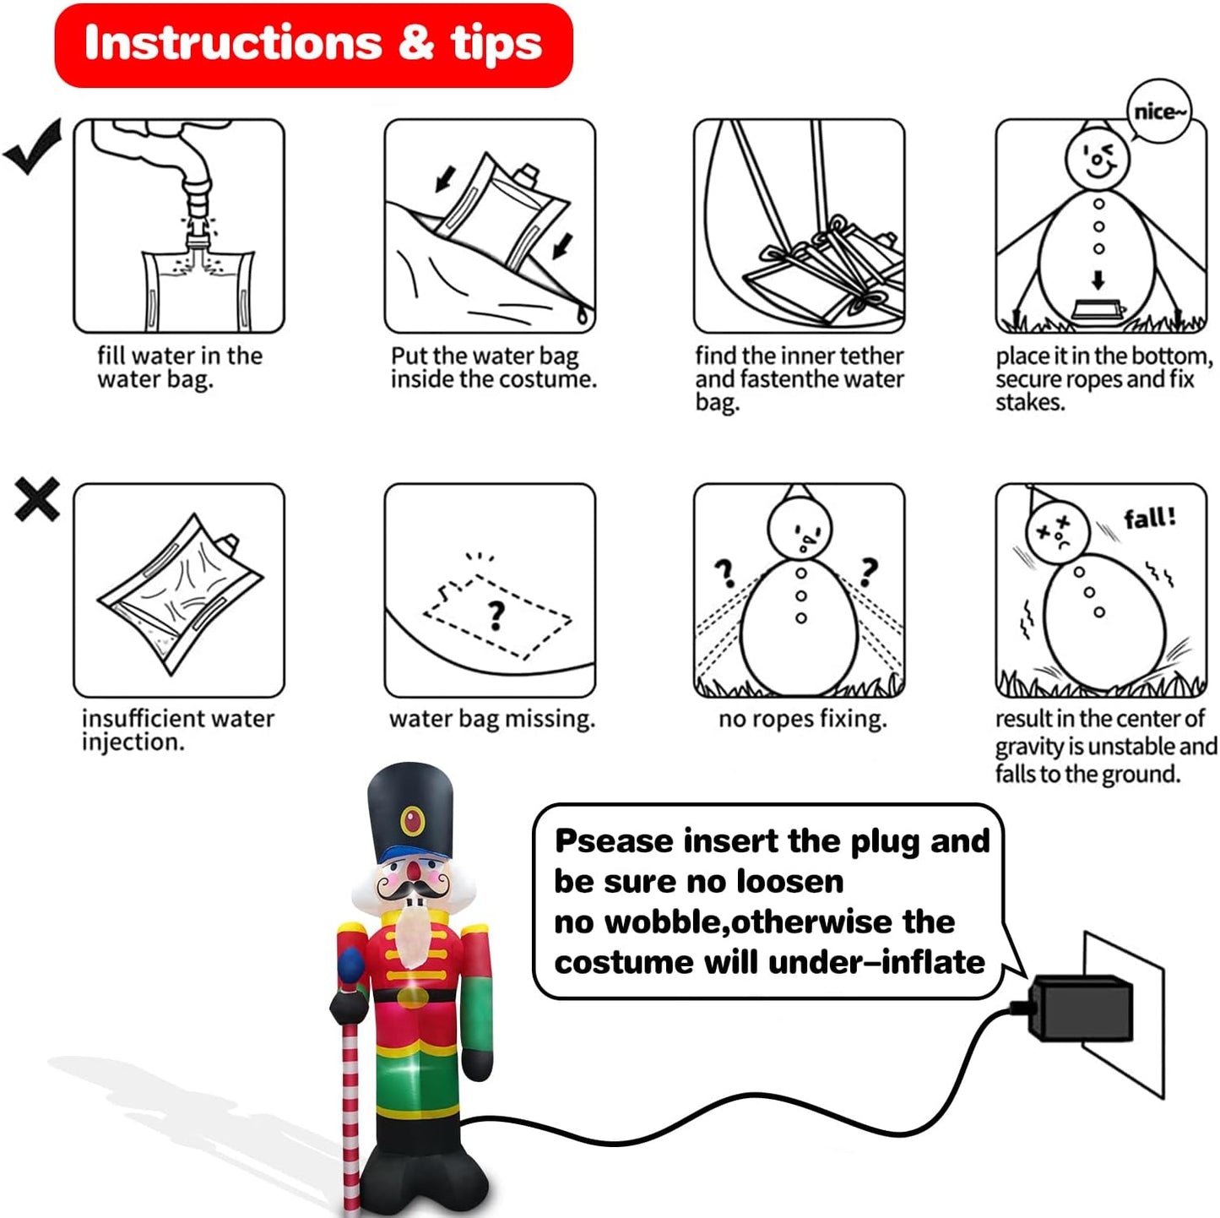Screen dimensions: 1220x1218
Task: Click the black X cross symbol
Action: point(37,499)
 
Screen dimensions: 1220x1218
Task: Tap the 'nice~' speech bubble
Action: point(1159,112)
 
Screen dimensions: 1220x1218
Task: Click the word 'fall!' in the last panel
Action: point(1151,518)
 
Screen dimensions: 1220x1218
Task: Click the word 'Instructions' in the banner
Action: point(233,42)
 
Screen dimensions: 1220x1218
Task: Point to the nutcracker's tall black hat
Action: point(411,813)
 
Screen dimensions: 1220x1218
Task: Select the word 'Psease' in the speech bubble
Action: point(614,842)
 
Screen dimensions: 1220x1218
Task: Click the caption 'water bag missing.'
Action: point(492,720)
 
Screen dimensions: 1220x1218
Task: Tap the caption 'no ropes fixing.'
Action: point(802,720)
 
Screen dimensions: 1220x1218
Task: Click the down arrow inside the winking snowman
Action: point(1098,280)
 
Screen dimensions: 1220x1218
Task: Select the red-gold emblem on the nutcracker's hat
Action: point(412,821)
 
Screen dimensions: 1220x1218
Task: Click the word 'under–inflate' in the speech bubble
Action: point(876,963)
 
